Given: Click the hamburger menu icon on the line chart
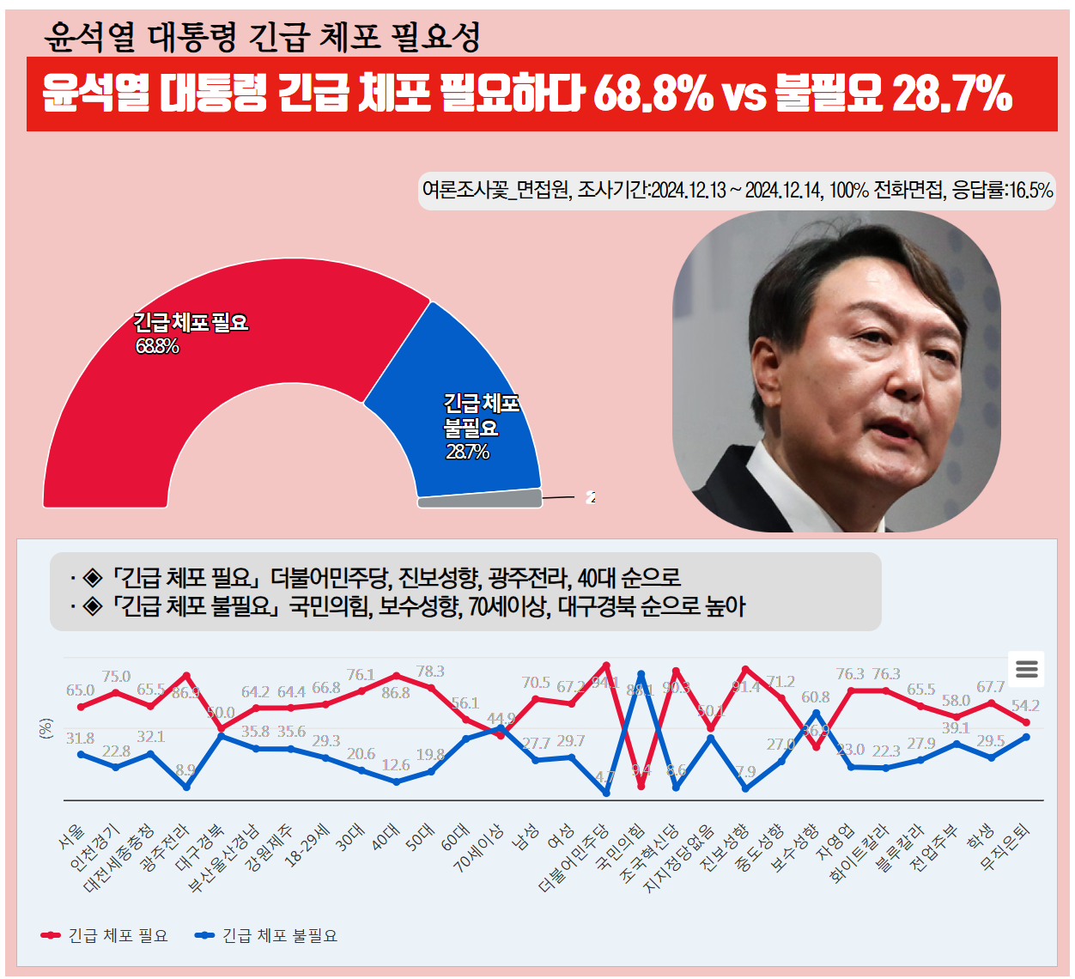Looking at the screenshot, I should tap(1026, 669).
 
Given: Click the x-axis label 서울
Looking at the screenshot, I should tap(72, 836).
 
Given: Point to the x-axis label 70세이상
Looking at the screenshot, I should tap(478, 848).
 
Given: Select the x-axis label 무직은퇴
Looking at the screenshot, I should tap(1005, 846).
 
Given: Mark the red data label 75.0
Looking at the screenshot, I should tap(116, 677).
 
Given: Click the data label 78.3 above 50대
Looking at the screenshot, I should tap(430, 672).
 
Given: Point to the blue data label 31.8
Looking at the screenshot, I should tap(80, 739).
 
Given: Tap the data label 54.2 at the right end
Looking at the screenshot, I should tap(1025, 706).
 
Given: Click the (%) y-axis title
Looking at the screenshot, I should tap(46, 728).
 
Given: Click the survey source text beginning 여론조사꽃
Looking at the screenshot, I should tap(737, 190).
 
